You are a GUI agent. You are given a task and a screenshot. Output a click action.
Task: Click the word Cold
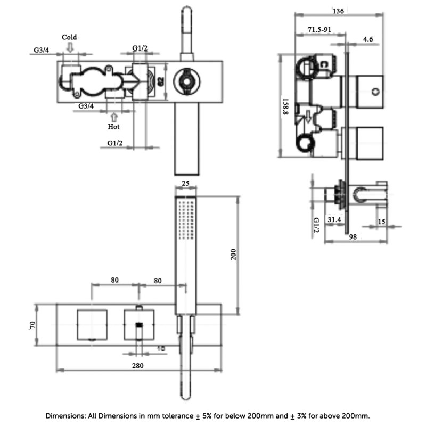(x=69, y=37)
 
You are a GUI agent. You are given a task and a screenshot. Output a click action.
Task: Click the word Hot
(x=114, y=127)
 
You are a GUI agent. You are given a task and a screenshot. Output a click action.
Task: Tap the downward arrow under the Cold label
(x=70, y=48)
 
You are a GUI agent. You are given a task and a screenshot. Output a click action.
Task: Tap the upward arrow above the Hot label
(x=114, y=115)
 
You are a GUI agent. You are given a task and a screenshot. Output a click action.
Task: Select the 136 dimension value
(x=338, y=11)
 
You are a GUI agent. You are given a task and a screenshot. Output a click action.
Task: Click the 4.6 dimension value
(x=368, y=39)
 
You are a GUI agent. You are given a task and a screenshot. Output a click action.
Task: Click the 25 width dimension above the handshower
(x=185, y=184)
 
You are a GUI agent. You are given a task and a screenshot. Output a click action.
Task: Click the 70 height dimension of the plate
(x=32, y=325)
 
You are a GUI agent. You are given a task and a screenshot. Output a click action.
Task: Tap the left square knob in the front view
(x=93, y=325)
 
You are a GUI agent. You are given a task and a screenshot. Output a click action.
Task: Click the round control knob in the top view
(x=186, y=81)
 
